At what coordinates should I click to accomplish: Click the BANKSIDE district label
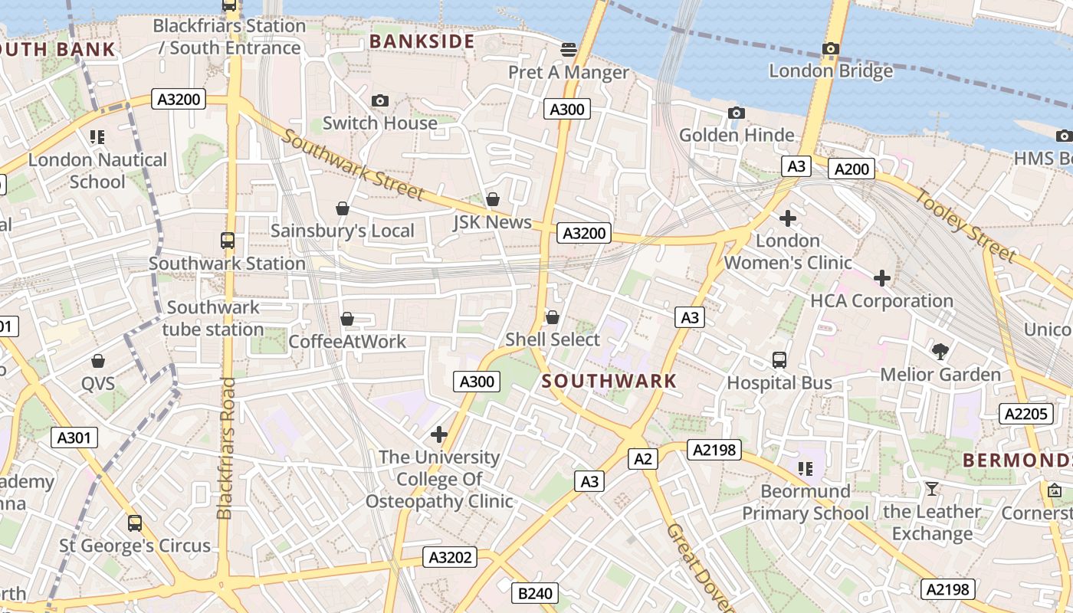pos(422,41)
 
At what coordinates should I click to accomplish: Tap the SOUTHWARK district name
pos(610,381)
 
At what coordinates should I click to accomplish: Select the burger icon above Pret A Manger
pos(569,50)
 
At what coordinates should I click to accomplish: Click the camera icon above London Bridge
pos(830,49)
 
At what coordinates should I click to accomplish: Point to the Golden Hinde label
pos(737,136)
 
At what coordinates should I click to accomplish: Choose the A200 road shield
pos(852,169)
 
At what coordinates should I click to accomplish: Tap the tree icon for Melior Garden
pos(940,352)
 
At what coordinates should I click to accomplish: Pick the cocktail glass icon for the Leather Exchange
pos(932,489)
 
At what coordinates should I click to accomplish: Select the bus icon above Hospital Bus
pos(779,360)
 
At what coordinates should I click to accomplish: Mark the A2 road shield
pos(643,459)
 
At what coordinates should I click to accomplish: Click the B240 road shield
pos(535,592)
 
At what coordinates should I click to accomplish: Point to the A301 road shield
pos(74,438)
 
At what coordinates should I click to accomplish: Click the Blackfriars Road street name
pos(225,448)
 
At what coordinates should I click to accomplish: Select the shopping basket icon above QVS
pos(98,361)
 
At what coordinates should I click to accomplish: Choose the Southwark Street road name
pos(353,165)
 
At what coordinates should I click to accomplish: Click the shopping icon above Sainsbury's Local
pos(343,208)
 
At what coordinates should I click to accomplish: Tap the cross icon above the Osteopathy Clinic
pos(439,435)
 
